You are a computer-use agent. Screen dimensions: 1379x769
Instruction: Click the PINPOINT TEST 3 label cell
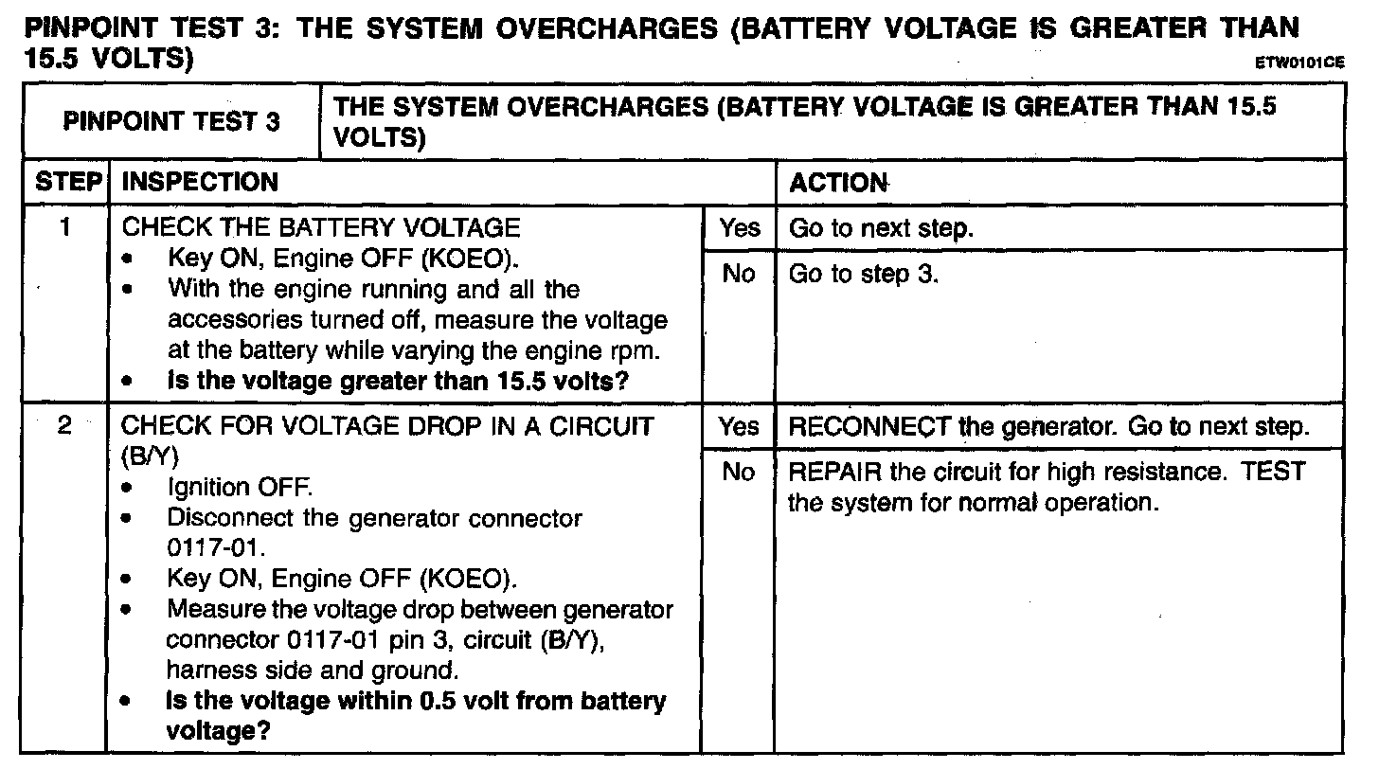171,122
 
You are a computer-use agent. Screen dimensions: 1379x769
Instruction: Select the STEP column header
66,182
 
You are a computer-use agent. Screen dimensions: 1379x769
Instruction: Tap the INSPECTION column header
200,182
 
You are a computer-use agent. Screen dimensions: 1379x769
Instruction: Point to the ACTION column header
839,182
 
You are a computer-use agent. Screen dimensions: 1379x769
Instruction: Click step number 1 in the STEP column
66,228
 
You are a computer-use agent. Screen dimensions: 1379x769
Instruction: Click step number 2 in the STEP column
66,426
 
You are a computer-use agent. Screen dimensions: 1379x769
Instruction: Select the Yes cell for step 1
739,228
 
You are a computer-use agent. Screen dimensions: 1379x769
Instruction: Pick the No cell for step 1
739,275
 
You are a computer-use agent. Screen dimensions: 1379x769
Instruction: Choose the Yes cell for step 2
739,426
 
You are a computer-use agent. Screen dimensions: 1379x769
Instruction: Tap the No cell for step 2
739,472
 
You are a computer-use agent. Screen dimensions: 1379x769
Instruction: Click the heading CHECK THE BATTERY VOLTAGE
322,228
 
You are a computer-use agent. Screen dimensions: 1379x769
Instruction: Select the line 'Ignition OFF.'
239,489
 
